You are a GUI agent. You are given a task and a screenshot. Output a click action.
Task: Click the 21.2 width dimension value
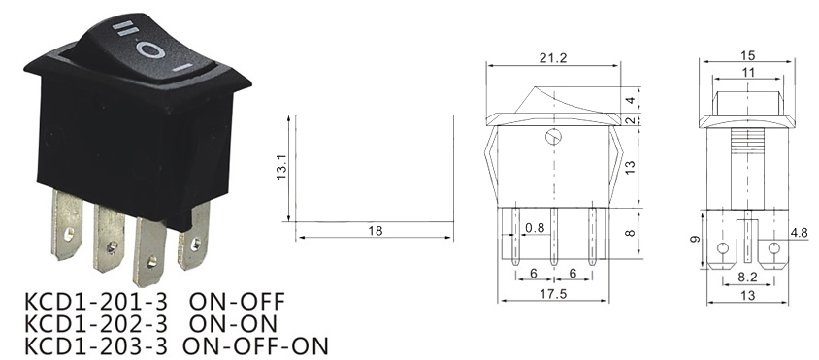point(553,58)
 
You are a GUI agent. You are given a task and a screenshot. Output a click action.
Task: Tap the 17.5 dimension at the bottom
point(553,294)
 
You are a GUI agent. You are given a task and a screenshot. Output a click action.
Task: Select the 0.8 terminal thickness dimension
point(535,228)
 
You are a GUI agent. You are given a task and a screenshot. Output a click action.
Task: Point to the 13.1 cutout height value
point(282,167)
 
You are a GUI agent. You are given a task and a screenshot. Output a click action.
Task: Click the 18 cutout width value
point(375,230)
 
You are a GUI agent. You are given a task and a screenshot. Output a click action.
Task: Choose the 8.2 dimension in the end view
point(748,278)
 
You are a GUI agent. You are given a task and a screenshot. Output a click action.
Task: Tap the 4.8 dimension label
point(799,233)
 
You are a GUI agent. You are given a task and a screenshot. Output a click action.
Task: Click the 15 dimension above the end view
point(748,55)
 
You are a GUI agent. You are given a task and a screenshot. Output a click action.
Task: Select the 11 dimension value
point(748,73)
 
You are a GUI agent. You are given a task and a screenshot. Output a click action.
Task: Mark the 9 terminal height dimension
point(695,240)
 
